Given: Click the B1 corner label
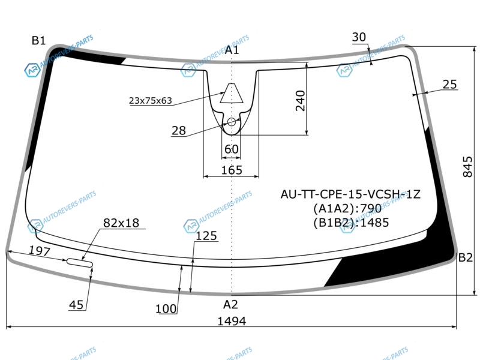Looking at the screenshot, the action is click(38, 40).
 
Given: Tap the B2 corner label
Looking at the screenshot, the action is click(466, 258).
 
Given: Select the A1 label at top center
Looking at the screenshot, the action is click(232, 50).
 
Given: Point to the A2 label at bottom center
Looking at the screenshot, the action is click(230, 305).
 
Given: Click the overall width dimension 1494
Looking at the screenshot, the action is click(232, 321).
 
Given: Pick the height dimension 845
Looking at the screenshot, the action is click(468, 167).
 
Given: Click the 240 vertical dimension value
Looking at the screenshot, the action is click(301, 100).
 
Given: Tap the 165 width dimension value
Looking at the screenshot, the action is click(232, 170).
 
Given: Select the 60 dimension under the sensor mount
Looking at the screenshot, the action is click(231, 149).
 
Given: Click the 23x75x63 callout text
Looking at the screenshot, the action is click(151, 101).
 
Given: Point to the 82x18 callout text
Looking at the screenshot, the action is click(121, 223).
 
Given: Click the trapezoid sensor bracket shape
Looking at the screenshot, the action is click(232, 93).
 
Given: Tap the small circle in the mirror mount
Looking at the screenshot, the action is click(232, 122).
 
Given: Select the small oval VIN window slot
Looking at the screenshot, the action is click(80, 263).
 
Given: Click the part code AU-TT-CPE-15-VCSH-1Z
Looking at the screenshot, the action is click(350, 194).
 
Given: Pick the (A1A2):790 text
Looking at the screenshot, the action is click(347, 208).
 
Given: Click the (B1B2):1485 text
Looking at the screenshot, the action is click(351, 223).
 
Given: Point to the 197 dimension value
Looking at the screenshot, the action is click(40, 251).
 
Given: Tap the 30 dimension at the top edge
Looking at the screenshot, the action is click(359, 37).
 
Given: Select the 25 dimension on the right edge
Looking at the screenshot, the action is click(449, 84).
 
